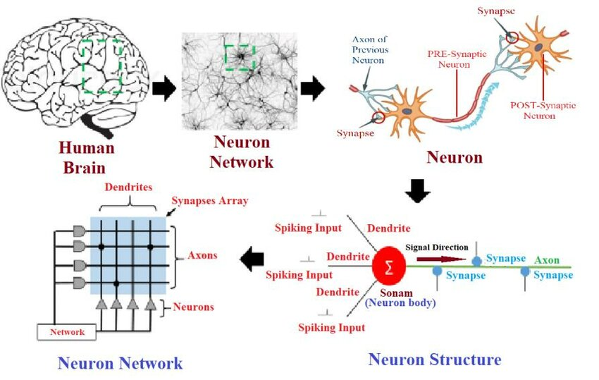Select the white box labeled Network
point(68,331)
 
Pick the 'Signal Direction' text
point(436,247)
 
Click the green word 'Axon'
point(546,259)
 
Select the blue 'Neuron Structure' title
point(434,360)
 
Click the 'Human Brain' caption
point(86,158)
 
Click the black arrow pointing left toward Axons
point(251,260)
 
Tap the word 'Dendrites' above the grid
point(128,188)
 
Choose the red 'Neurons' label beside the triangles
point(193,307)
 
